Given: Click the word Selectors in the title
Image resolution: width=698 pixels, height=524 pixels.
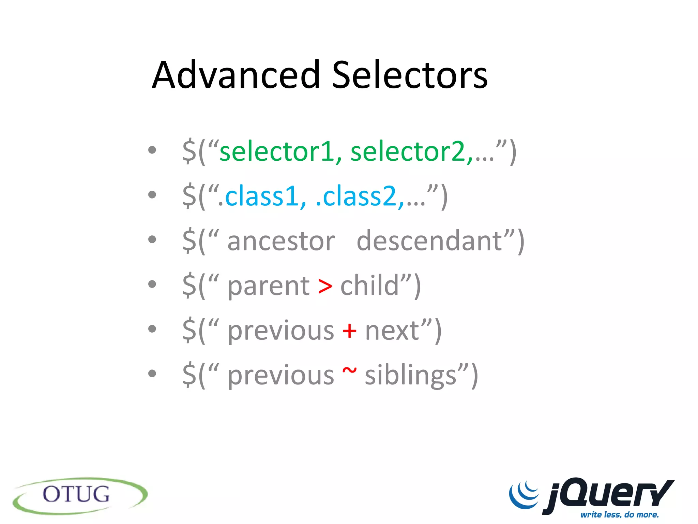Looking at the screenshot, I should tap(410, 75).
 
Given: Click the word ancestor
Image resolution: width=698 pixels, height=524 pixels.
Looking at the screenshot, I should tap(281, 241).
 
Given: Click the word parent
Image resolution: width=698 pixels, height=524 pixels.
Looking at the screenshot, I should tap(269, 286).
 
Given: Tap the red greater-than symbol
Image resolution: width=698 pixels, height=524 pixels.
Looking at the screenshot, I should tap(325, 286).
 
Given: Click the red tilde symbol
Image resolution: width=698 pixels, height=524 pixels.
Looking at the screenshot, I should tap(349, 370).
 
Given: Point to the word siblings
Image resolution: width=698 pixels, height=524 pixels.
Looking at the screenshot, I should tap(410, 376).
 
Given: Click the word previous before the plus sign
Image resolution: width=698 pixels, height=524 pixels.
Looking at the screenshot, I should tap(281, 331).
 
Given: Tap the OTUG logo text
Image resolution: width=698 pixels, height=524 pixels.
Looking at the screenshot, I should tap(76, 494).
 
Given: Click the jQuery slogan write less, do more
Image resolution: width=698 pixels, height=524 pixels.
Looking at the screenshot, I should tap(620, 514).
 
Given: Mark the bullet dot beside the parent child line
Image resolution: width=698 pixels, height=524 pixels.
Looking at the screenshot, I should tap(152, 284).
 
